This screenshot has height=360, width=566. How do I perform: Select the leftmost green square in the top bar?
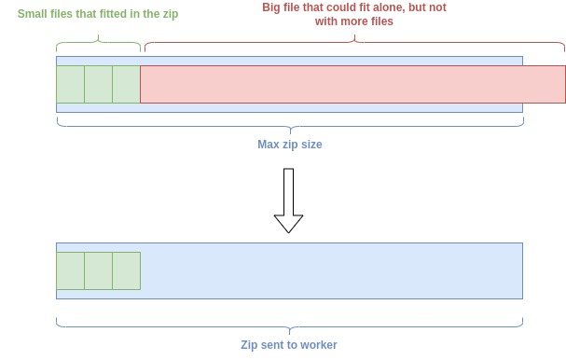click(x=70, y=84)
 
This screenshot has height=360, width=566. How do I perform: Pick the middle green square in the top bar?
click(x=98, y=84)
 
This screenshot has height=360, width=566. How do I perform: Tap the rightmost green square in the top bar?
click(x=126, y=84)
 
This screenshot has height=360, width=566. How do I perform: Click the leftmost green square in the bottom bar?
click(x=70, y=270)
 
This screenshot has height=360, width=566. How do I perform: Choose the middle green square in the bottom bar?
click(x=98, y=270)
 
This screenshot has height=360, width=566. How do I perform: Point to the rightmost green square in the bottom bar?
click(x=126, y=270)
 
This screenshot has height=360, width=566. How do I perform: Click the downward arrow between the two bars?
click(x=288, y=201)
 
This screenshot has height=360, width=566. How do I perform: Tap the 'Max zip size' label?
click(x=289, y=145)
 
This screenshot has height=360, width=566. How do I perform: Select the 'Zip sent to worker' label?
click(x=289, y=345)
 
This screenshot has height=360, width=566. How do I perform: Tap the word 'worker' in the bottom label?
click(x=318, y=345)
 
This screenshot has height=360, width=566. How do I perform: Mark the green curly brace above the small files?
click(x=98, y=43)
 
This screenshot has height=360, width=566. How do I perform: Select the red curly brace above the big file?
click(x=354, y=43)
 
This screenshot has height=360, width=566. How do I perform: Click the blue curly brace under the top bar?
click(x=289, y=124)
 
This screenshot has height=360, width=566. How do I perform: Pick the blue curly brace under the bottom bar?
click(x=289, y=324)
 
